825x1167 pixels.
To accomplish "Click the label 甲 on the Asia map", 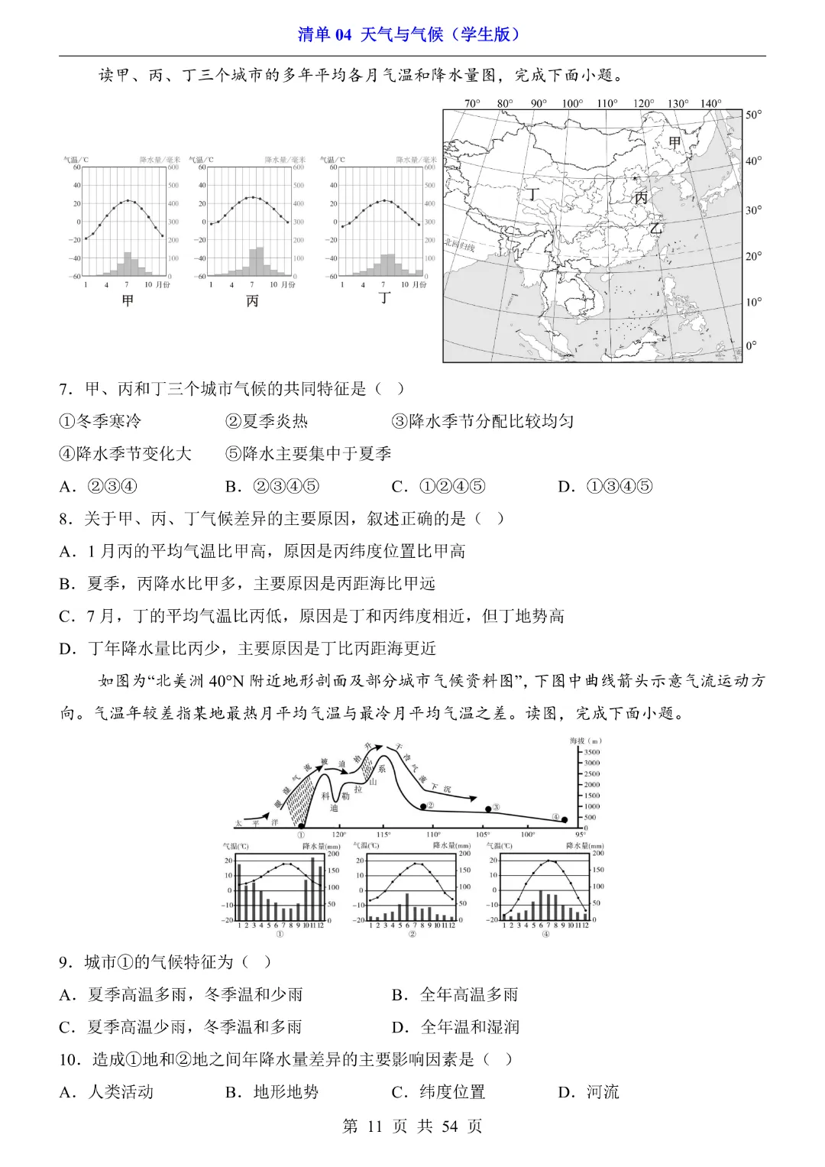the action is click(675, 142).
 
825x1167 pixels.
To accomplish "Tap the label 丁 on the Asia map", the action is click(532, 195).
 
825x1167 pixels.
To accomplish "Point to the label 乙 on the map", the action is click(655, 228).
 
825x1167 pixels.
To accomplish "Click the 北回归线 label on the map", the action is click(460, 245).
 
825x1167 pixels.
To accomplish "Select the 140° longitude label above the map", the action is click(710, 103).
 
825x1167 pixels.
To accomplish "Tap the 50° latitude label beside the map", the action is click(753, 115).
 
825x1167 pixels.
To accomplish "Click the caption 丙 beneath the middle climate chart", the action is click(253, 301).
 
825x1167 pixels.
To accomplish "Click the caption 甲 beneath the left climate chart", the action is click(128, 300).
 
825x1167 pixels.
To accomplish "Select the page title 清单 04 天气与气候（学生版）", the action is click(412, 34).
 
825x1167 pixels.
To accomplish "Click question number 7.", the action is click(66, 389).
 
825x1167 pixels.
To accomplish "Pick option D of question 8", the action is click(248, 649).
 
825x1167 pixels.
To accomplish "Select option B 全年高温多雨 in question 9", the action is click(455, 994).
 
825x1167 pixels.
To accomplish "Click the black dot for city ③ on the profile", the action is click(487, 809).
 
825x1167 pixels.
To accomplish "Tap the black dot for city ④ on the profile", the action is click(565, 819).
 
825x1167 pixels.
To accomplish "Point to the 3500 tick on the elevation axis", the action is click(591, 752).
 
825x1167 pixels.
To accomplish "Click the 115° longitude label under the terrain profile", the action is click(383, 835).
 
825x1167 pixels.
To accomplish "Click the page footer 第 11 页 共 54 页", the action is click(412, 1126).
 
